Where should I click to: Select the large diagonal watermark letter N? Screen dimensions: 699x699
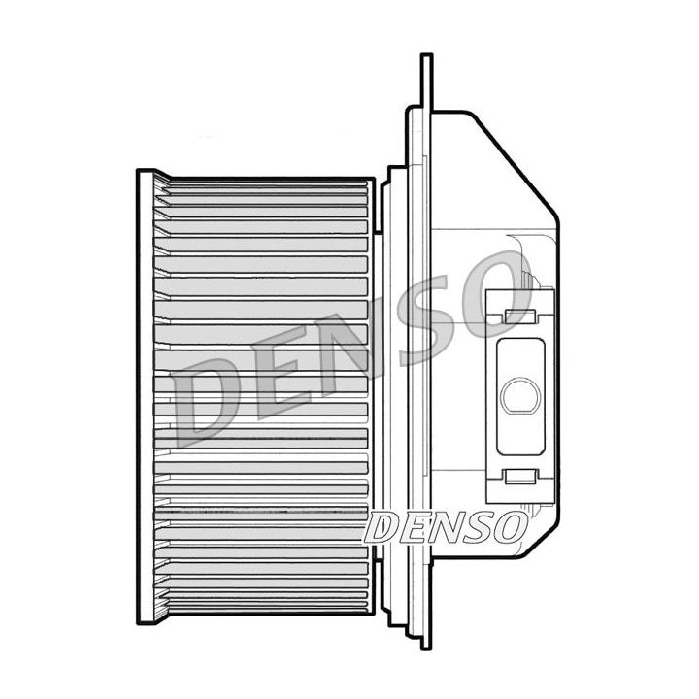tap(360, 341)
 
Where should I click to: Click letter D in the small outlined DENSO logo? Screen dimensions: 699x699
tap(383, 528)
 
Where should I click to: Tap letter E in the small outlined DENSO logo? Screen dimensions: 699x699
tap(414, 528)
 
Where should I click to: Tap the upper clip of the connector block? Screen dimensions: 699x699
tap(520, 316)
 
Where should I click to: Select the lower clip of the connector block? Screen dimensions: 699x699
tap(520, 477)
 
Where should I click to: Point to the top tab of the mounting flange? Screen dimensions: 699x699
tap(425, 78)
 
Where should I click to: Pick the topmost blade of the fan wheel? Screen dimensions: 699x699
tap(262, 187)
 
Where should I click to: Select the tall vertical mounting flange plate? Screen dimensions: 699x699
tap(425, 388)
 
